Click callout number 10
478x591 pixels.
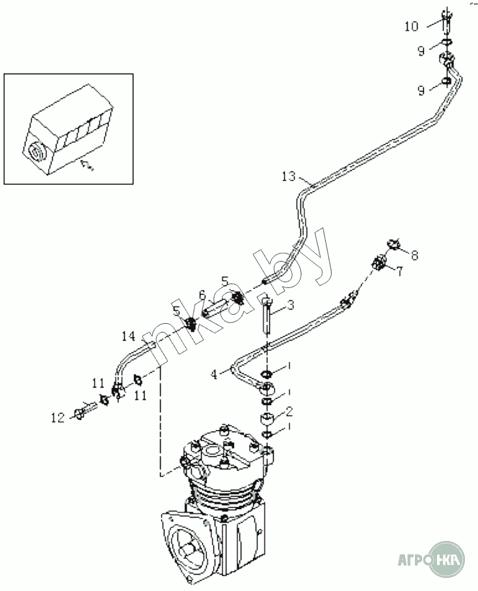pyautogui.click(x=411, y=26)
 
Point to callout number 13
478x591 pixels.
pyautogui.click(x=289, y=176)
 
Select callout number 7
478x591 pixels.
pyautogui.click(x=399, y=271)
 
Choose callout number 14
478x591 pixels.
pyautogui.click(x=127, y=336)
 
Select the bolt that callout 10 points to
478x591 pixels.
pyautogui.click(x=446, y=25)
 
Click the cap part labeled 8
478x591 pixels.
pyautogui.click(x=394, y=244)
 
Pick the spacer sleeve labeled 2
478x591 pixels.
pyautogui.click(x=267, y=417)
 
